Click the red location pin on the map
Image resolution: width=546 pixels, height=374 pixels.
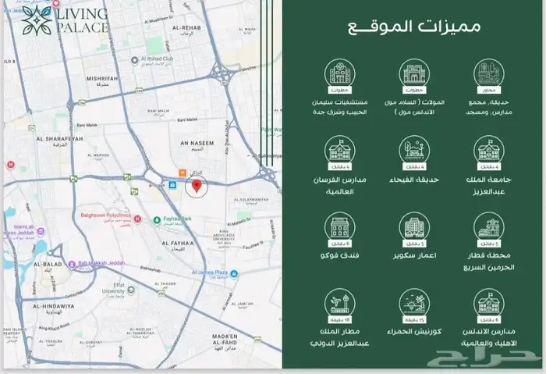coord(197,187)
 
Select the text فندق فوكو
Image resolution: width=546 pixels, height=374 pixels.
coord(339,255)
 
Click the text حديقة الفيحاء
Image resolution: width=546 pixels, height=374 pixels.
coord(413,180)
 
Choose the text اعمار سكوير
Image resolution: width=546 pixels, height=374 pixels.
coord(413,255)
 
